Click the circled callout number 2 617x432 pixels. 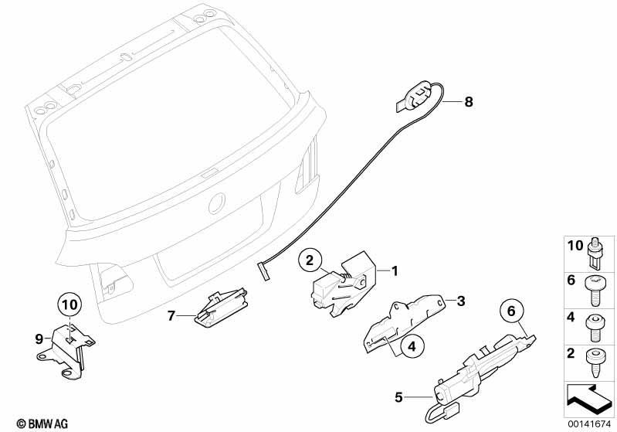click(310, 260)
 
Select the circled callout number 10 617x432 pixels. click(70, 304)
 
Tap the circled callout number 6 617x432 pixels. click(511, 311)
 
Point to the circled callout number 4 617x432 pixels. click(412, 346)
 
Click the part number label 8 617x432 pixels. click(468, 101)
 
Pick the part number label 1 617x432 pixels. click(395, 270)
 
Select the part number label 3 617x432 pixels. click(461, 301)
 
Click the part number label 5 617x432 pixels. click(399, 397)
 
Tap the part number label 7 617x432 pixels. click(171, 315)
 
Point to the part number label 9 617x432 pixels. click(39, 338)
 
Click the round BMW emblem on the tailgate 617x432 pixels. click(216, 203)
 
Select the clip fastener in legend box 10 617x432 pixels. click(595, 252)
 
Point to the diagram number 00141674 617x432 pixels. click(589, 423)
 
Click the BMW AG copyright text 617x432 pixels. click(42, 423)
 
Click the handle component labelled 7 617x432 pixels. click(221, 306)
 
